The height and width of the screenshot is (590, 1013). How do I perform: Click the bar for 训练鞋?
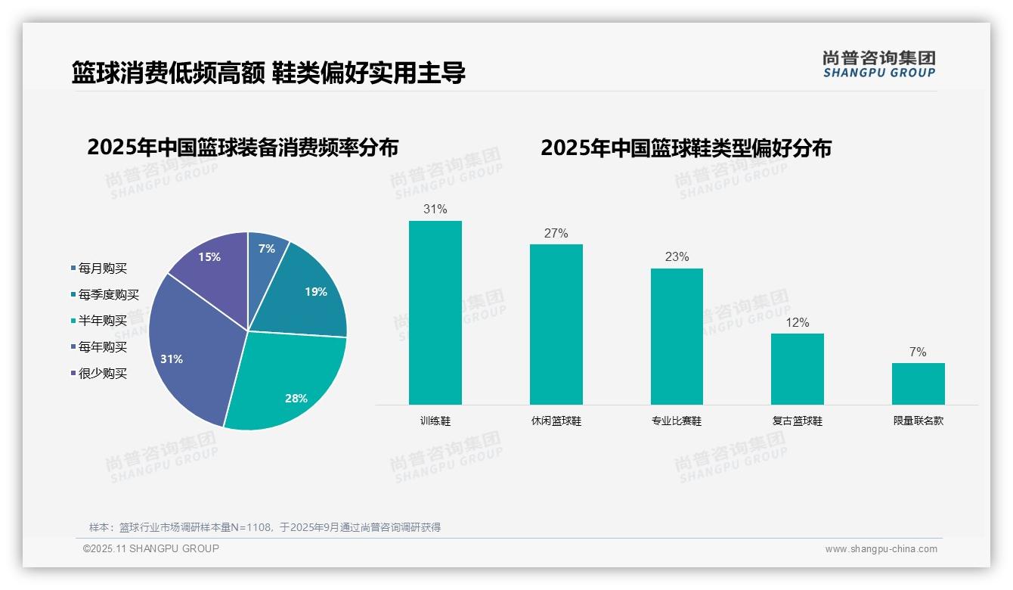click(x=435, y=312)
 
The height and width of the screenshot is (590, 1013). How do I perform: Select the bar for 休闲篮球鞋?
click(x=556, y=324)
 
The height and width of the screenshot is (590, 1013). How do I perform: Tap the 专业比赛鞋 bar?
click(x=677, y=336)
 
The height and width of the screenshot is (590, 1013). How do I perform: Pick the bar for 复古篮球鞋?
click(x=797, y=368)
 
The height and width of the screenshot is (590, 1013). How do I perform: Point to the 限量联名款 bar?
click(x=918, y=383)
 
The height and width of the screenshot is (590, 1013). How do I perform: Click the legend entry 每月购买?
click(x=102, y=269)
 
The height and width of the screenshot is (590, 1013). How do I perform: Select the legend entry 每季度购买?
click(x=108, y=295)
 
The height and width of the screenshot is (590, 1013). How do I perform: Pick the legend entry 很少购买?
click(x=102, y=374)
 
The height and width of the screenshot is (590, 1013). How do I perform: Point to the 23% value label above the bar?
click(x=677, y=257)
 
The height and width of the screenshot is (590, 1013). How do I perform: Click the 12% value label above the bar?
click(x=797, y=323)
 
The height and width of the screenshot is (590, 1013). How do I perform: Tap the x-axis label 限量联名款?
click(x=918, y=421)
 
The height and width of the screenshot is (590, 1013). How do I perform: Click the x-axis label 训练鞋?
click(x=435, y=421)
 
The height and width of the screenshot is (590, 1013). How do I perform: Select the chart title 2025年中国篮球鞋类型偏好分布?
click(x=686, y=148)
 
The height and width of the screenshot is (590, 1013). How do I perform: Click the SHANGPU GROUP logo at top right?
click(x=878, y=64)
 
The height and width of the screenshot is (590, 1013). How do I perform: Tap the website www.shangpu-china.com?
click(x=881, y=549)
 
